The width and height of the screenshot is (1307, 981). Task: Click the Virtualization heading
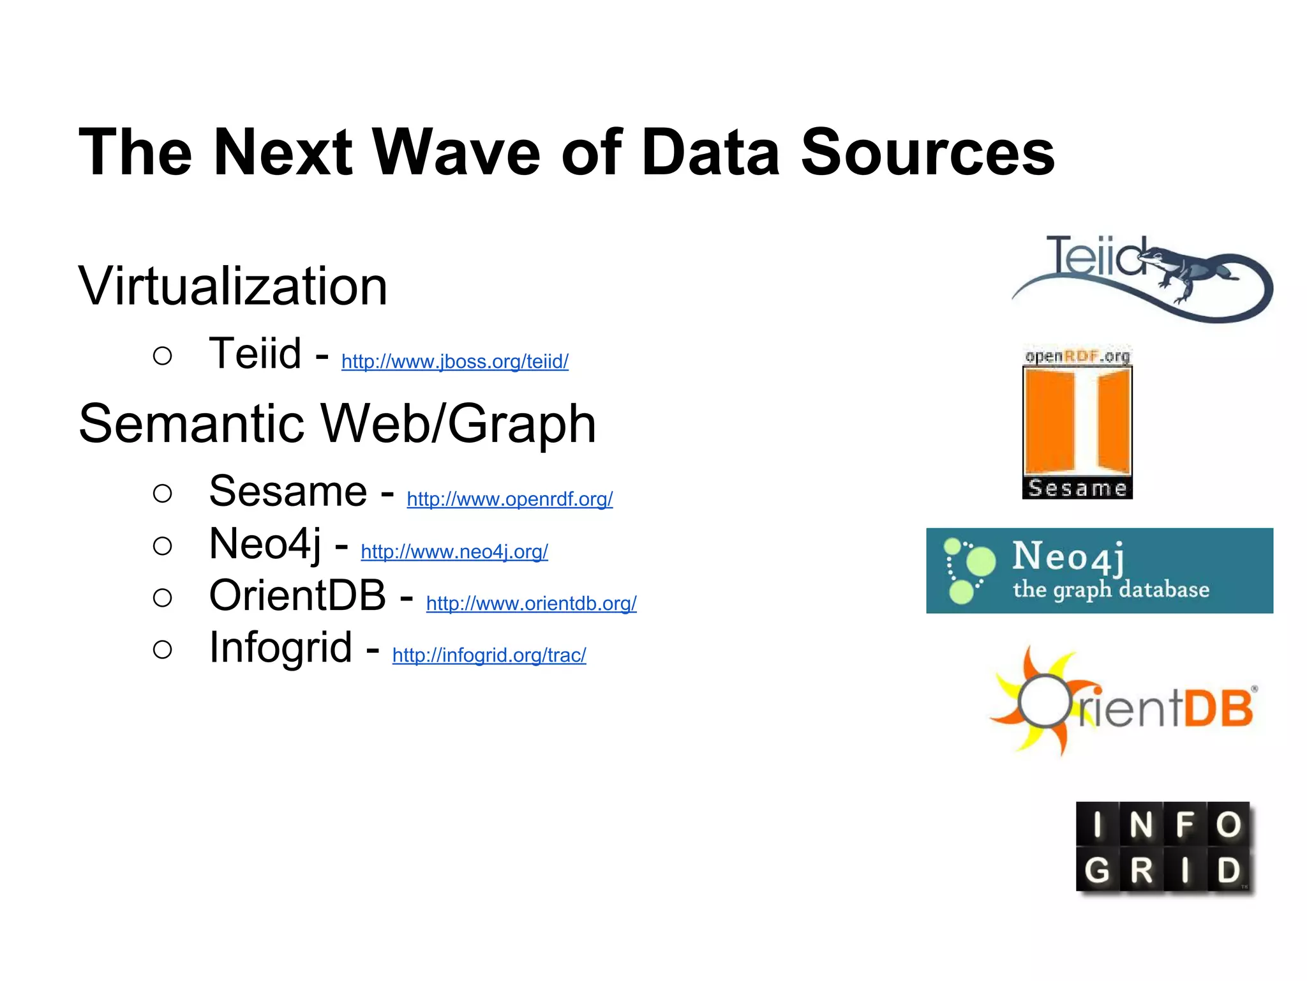point(233,286)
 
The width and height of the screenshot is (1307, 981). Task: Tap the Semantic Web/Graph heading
point(337,423)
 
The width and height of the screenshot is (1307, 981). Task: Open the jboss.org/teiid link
point(454,361)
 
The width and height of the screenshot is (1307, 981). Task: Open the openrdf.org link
point(509,499)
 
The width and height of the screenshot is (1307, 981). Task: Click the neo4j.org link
point(454,551)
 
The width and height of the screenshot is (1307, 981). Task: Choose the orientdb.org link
point(531,603)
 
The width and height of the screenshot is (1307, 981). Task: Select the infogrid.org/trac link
point(489,655)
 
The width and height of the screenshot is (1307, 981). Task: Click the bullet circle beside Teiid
point(163,356)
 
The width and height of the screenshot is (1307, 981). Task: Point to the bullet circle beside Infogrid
point(163,650)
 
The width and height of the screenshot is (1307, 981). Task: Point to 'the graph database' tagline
point(1110,589)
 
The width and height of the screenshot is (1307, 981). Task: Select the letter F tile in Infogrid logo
point(1184,825)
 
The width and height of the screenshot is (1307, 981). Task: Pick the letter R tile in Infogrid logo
point(1141,870)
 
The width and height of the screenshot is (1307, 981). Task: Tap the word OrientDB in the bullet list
point(297,595)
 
